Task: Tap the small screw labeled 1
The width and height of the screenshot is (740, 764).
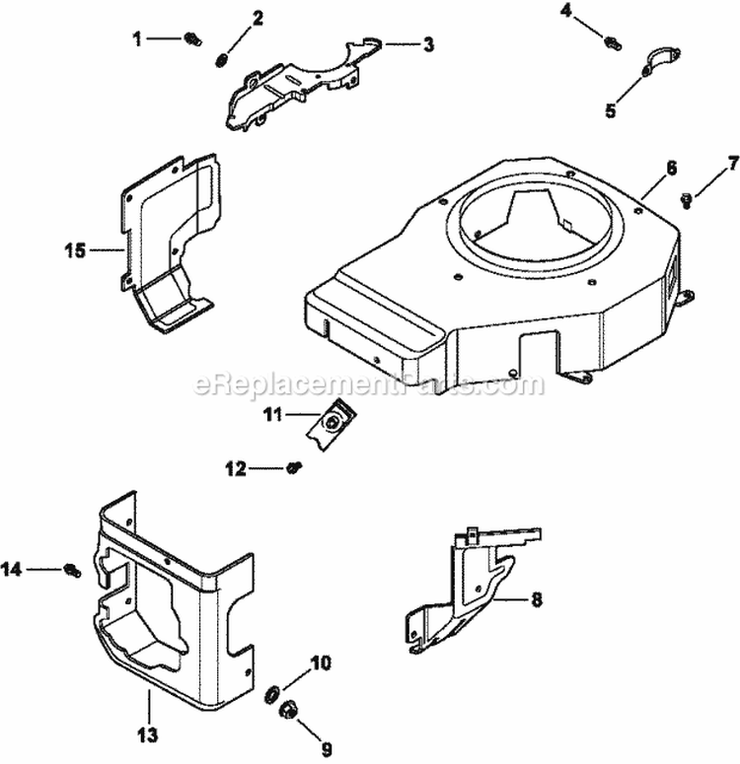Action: (193, 38)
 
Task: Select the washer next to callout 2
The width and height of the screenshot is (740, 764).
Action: (222, 61)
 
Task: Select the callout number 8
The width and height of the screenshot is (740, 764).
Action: (536, 598)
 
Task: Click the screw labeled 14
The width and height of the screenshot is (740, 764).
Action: (71, 569)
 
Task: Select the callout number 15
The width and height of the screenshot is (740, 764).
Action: (103, 250)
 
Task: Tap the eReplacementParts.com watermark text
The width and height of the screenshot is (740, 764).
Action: (370, 384)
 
